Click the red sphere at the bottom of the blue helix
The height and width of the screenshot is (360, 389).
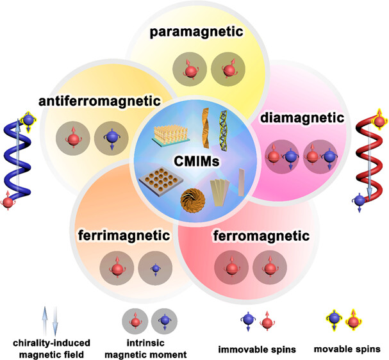[x=9, y=203]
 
